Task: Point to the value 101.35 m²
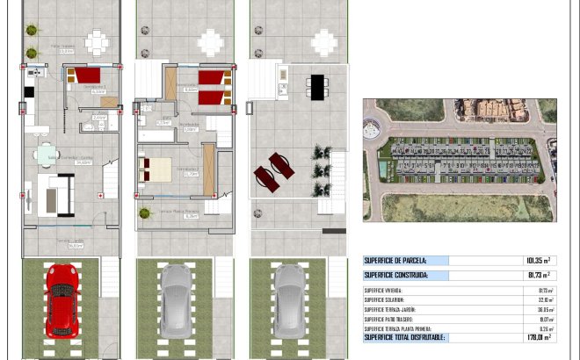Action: coord(538,261)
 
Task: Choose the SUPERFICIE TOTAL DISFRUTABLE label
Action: coord(405,338)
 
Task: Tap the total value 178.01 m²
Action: coord(538,338)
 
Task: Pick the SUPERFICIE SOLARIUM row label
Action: coord(383,299)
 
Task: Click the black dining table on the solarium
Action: coord(317,86)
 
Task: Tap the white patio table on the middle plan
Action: coord(211,41)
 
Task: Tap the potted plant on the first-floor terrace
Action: coord(143,212)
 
